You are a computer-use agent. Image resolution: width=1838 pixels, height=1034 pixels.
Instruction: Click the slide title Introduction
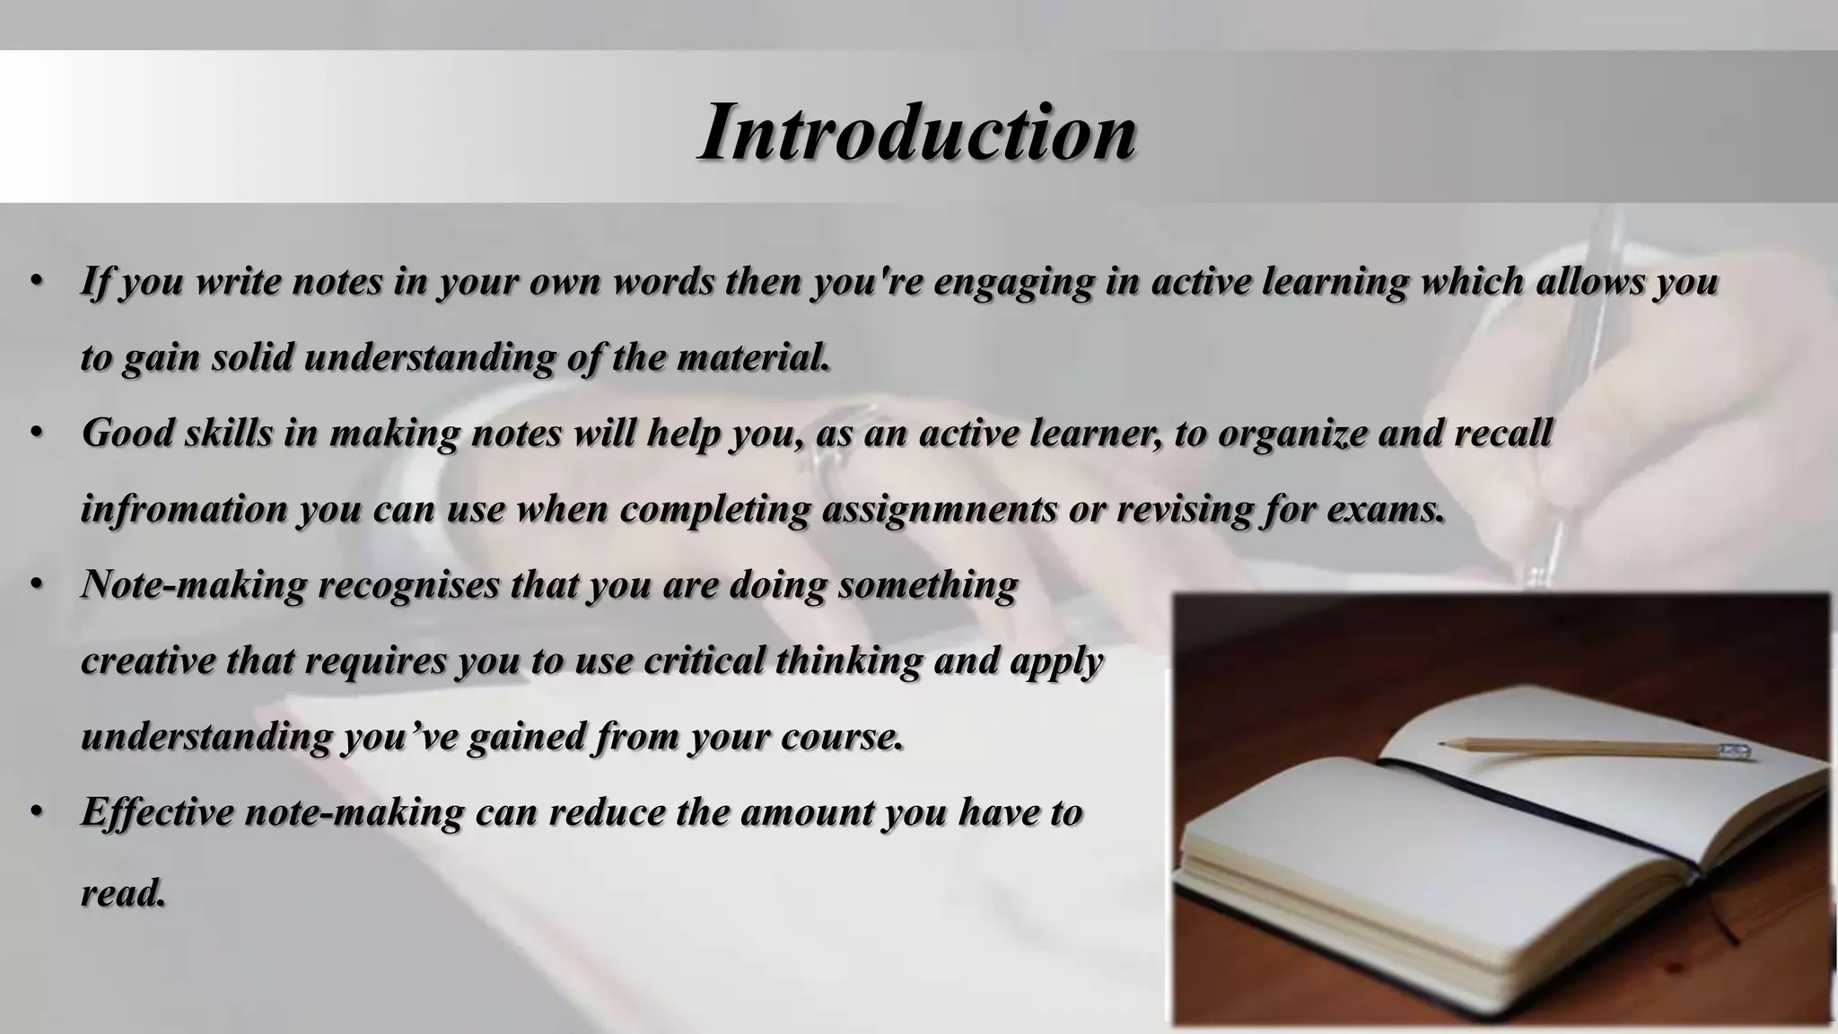[x=917, y=132]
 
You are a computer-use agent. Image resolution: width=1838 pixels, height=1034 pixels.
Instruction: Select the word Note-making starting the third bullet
[x=193, y=585]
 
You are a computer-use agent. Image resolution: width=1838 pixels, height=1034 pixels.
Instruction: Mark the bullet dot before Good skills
[x=36, y=434]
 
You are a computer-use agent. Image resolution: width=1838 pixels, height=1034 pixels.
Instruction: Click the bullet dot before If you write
[x=36, y=282]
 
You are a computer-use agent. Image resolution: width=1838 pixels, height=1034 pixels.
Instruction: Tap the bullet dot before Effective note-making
[x=36, y=812]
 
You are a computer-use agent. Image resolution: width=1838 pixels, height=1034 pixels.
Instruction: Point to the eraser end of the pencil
[x=1737, y=752]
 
